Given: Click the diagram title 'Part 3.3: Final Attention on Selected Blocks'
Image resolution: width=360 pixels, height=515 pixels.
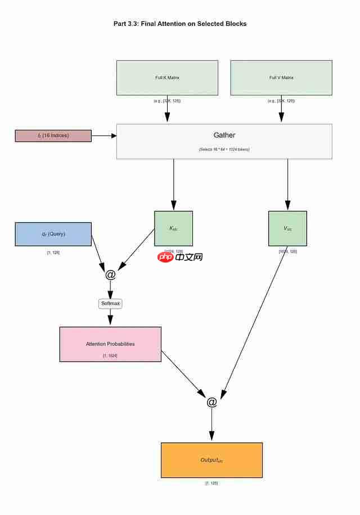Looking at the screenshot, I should [179, 24].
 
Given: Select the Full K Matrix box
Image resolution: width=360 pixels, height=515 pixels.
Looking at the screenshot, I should [167, 78].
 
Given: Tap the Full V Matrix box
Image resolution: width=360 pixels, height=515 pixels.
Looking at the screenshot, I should [281, 78].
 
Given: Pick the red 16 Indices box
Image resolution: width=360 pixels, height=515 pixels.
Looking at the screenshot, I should [53, 135].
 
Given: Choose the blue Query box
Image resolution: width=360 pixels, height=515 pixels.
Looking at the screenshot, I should [53, 234].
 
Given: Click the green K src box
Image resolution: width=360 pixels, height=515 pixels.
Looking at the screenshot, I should [173, 228].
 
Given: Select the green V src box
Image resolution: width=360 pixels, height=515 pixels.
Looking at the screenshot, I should [287, 228].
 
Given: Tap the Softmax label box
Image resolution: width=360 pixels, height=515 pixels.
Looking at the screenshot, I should [110, 304].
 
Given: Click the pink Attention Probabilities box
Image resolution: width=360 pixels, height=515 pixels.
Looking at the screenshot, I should [110, 344].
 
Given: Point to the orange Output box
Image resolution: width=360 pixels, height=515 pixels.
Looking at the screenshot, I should [211, 460].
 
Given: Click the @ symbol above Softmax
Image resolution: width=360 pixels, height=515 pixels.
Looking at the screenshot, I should [110, 274].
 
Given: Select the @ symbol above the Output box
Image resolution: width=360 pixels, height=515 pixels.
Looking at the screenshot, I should [211, 402].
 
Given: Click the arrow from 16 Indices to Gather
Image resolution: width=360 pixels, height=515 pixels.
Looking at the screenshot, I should [103, 135].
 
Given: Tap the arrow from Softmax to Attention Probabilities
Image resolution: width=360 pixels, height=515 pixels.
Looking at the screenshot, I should [110, 317].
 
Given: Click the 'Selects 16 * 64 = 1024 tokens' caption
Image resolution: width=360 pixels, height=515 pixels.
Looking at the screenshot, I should [224, 150].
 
